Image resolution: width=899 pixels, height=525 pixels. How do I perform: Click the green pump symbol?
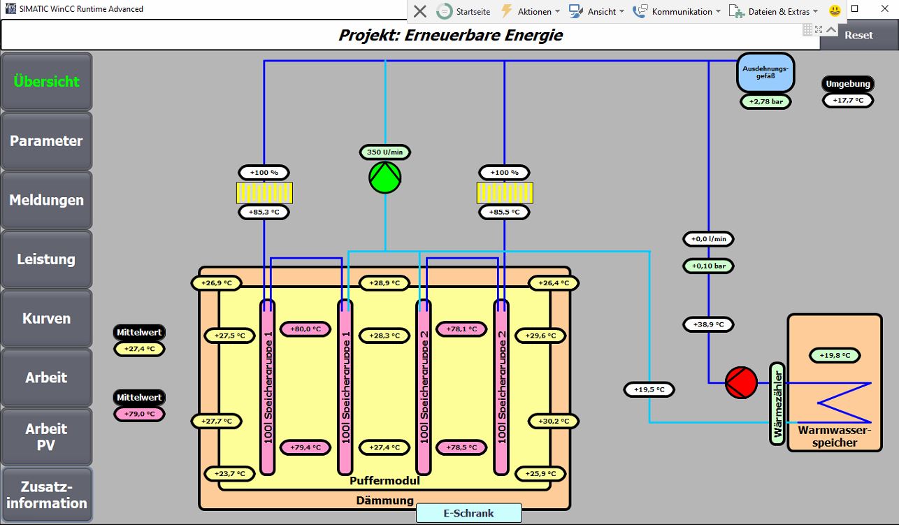coord(385,178)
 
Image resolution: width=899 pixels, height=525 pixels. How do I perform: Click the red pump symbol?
coord(741,382)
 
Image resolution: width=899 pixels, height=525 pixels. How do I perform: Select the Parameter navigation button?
coord(47,141)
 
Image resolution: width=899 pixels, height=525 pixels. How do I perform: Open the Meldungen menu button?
coord(47,200)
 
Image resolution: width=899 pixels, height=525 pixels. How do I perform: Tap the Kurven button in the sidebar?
coord(47,318)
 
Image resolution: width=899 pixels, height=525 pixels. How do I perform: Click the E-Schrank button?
coord(469,513)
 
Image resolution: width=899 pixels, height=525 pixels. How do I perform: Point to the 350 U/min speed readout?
coord(385,152)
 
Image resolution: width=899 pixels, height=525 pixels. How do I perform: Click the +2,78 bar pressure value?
coord(765,101)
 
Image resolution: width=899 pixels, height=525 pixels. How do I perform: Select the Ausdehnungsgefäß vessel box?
coord(765,73)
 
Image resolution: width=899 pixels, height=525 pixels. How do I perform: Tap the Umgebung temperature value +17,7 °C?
coord(848,101)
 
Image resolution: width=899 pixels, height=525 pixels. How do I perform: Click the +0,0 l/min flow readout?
coord(708,239)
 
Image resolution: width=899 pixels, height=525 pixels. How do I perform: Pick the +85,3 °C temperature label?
coord(264,212)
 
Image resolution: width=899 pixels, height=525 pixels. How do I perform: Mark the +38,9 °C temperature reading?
coord(708,324)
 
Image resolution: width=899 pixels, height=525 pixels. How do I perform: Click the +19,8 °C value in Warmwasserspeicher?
coord(835,355)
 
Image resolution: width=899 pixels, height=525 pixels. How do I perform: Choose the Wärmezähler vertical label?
coord(777,403)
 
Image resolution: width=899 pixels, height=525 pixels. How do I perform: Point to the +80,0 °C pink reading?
coord(305,329)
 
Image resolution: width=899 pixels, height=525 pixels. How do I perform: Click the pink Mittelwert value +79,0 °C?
coord(139,414)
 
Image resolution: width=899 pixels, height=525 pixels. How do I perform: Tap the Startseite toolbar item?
coord(463,12)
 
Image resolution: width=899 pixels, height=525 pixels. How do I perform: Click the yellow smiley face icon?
coord(835,11)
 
